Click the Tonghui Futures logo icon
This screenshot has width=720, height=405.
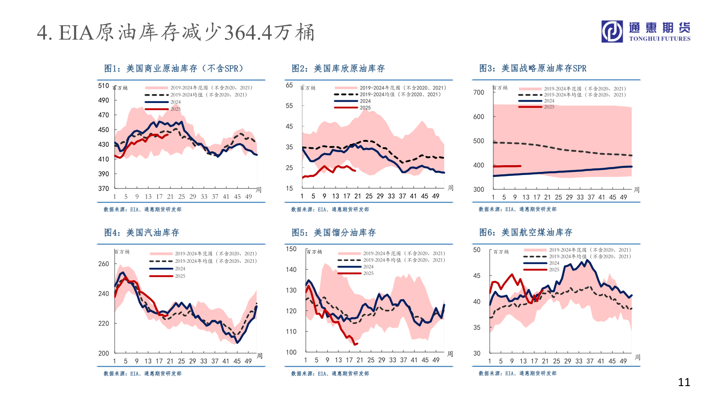pos(613,31)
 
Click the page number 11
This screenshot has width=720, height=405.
pos(684,382)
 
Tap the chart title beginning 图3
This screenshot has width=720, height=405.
pos(532,68)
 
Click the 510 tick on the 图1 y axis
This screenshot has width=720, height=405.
pos(103,86)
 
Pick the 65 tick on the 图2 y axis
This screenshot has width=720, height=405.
pos(289,85)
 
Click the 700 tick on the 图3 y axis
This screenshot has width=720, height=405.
pos(479,92)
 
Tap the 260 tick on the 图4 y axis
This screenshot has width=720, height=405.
pos(103,264)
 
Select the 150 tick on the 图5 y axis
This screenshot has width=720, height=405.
pos(291,249)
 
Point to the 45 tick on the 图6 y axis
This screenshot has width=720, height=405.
pos(477,275)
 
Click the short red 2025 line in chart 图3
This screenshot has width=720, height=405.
pos(507,166)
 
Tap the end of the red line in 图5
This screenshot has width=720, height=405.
pos(357,344)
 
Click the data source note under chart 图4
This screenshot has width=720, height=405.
pos(143,373)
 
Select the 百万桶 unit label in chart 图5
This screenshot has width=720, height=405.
pos(314,252)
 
